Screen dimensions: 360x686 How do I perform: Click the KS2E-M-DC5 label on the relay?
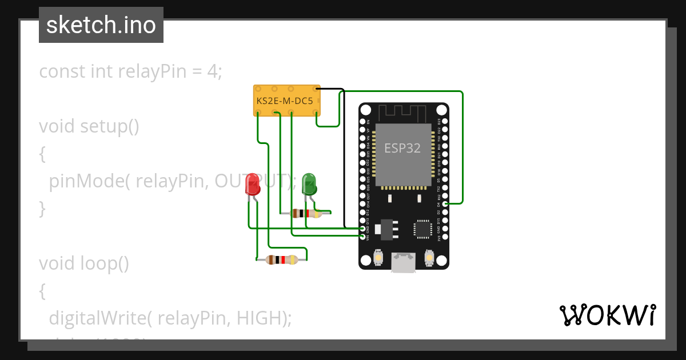285,101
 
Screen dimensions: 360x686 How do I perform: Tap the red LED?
252,185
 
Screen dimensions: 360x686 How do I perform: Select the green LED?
309,183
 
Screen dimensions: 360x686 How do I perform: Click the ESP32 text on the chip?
402,148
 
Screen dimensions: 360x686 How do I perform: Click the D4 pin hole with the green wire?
445,203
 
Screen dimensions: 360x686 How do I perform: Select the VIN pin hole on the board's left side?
363,236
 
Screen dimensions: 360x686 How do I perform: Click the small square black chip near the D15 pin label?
422,229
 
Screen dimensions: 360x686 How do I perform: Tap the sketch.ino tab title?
101,25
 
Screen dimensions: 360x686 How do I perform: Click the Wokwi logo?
607,315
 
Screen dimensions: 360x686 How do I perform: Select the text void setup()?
89,126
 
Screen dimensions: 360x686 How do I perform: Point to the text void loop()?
84,263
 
